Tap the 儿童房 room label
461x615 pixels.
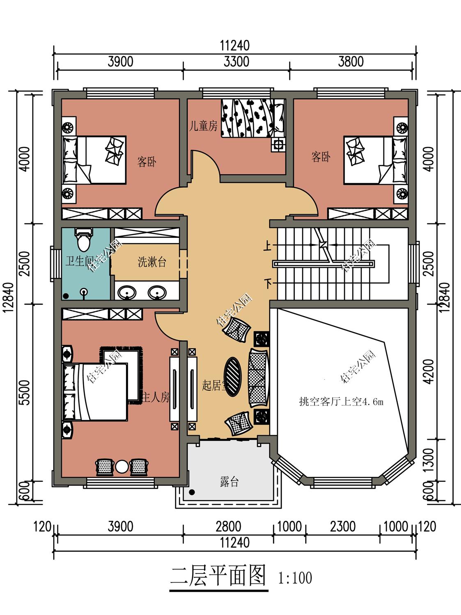(203, 126)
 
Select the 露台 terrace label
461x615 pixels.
(229, 482)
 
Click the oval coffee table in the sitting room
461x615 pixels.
(232, 376)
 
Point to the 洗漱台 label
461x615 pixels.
(152, 262)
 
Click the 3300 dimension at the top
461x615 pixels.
(236, 61)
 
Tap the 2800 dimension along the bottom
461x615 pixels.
(228, 526)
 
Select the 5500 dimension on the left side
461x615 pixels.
(25, 392)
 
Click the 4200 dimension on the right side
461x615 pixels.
(429, 371)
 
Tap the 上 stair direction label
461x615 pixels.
(268, 246)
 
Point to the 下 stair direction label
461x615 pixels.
(268, 284)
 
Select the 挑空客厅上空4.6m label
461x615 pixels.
(341, 402)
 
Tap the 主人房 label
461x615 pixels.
(156, 397)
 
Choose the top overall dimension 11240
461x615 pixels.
(234, 46)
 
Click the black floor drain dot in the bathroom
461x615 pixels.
(66, 296)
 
